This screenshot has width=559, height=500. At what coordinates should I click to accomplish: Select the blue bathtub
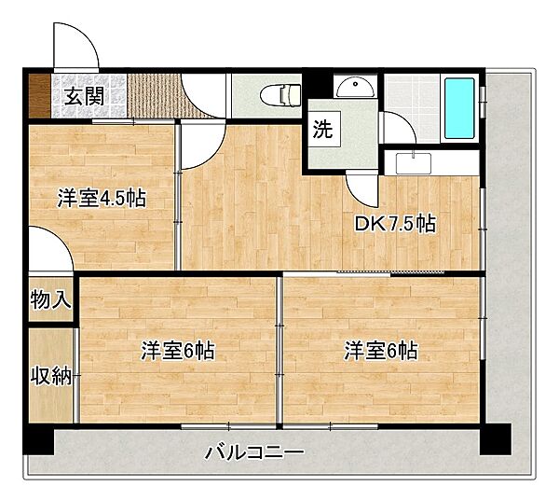460,107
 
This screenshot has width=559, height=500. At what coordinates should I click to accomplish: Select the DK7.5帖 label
396,224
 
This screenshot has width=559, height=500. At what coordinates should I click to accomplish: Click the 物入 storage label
50,300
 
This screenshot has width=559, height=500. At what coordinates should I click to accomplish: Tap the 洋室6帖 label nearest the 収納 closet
178,351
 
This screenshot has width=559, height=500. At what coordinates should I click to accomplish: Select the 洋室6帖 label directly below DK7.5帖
380,351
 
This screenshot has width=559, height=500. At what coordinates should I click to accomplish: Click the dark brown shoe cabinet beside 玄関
39,94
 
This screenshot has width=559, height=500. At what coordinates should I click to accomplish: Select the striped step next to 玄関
155,94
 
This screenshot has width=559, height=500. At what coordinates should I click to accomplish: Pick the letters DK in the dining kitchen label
367,224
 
